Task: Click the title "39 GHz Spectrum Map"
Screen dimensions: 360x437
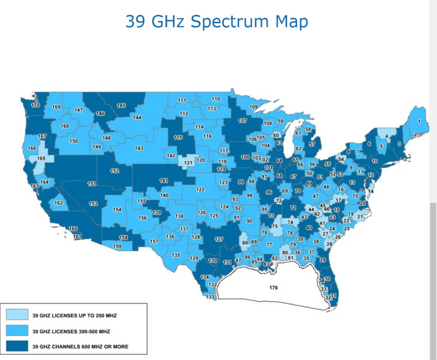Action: click(x=216, y=21)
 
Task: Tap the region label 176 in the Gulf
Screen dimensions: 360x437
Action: click(x=273, y=288)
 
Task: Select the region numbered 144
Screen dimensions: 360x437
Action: click(x=137, y=118)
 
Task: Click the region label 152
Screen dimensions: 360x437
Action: click(x=114, y=171)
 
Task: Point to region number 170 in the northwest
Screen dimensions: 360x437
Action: click(x=35, y=105)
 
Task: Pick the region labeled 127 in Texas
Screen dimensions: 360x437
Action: click(x=219, y=239)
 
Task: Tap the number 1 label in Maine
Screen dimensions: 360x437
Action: click(x=420, y=121)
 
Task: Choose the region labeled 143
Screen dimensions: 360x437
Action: click(x=139, y=148)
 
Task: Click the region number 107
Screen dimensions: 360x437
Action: click(x=242, y=120)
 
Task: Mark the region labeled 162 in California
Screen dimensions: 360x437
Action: click(x=58, y=203)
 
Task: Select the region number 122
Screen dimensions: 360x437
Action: click(x=200, y=190)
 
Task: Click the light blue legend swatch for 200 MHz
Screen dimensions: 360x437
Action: click(x=17, y=315)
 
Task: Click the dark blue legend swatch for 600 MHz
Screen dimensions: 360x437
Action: click(x=17, y=346)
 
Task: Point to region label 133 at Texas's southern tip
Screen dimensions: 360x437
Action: click(x=210, y=297)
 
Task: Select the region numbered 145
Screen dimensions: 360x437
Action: click(x=121, y=105)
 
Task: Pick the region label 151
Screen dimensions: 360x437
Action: click(x=92, y=184)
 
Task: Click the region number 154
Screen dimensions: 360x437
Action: click(x=117, y=209)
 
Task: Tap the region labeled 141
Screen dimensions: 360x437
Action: click(x=164, y=180)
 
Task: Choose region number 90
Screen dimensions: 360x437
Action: click(x=249, y=221)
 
